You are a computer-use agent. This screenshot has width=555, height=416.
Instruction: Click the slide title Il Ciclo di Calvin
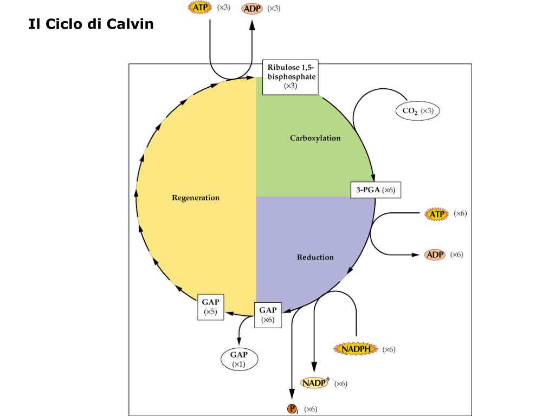91,25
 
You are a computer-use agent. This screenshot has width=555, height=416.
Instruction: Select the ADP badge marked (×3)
252,9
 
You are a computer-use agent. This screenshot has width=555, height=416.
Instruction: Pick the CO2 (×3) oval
417,111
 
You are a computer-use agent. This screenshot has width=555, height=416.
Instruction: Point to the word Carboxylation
315,138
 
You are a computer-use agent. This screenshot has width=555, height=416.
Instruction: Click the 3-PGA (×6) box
376,190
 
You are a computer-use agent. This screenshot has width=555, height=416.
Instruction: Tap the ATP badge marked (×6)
437,214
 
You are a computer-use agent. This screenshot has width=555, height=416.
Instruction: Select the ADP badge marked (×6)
435,255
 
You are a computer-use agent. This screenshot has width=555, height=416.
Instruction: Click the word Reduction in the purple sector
315,257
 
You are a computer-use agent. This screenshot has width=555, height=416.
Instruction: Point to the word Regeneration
196,197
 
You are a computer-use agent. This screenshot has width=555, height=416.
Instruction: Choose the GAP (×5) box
210,307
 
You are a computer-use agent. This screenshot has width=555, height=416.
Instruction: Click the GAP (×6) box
268,315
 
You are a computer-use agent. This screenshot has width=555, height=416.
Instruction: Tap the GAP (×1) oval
239,359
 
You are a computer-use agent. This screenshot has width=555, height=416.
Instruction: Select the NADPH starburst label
356,349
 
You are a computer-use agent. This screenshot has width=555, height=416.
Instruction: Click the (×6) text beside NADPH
389,349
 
